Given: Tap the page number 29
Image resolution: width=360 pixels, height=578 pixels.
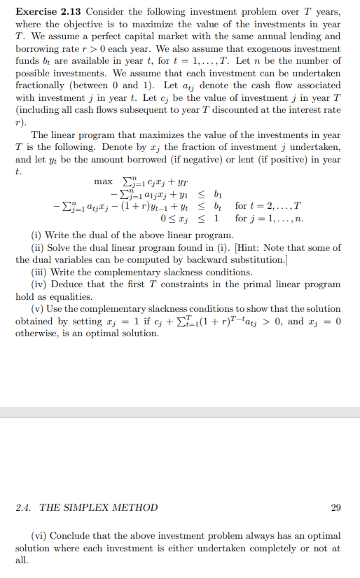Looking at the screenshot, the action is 335,507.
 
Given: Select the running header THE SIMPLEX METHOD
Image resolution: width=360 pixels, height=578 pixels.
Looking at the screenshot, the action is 98,507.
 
